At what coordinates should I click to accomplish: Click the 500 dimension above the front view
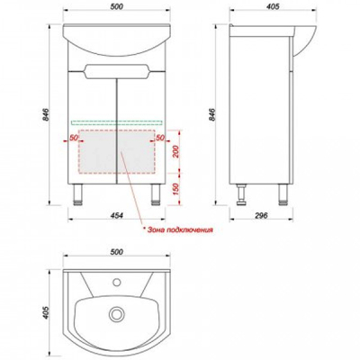point(117,6)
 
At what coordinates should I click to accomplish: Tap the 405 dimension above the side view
point(273,6)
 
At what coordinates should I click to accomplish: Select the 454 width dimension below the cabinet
point(116,215)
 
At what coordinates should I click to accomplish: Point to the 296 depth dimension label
point(261,215)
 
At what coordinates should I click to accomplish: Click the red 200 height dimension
point(175,152)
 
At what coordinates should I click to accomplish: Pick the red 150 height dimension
point(175,189)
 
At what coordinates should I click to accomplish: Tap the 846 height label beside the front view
point(46,114)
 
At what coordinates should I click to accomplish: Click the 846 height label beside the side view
point(211,114)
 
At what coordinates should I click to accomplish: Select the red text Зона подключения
point(178,230)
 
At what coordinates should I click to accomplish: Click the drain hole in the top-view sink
point(114,314)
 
